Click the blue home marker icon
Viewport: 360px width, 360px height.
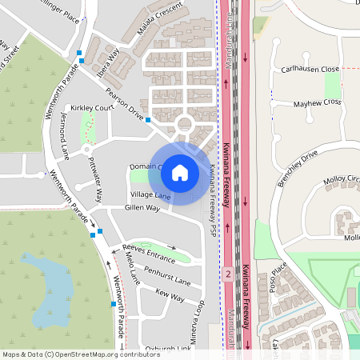[x=180, y=172]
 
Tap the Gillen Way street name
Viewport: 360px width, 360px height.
[x=142, y=208]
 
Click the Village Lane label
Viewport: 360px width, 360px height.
[x=150, y=195]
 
